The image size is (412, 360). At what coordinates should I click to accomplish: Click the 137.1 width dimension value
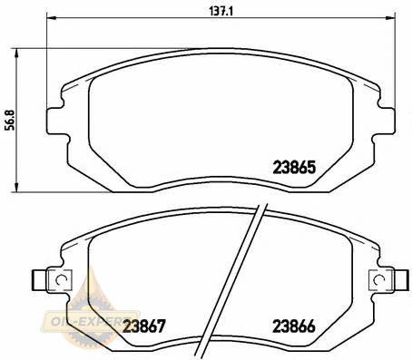[x=221, y=12]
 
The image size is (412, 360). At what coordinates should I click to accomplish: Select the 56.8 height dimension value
[x=10, y=120]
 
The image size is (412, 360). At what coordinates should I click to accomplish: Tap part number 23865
[x=294, y=168]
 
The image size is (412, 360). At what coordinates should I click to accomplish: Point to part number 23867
[x=144, y=326]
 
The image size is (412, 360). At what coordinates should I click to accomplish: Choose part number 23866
[x=294, y=326]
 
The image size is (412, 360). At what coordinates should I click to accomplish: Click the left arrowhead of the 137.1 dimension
[x=52, y=18]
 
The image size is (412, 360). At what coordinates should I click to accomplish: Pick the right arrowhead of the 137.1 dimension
[x=390, y=18]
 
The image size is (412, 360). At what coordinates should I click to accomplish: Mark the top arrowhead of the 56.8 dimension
[x=16, y=54]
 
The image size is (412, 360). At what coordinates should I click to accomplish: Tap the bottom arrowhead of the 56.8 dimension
[x=16, y=187]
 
